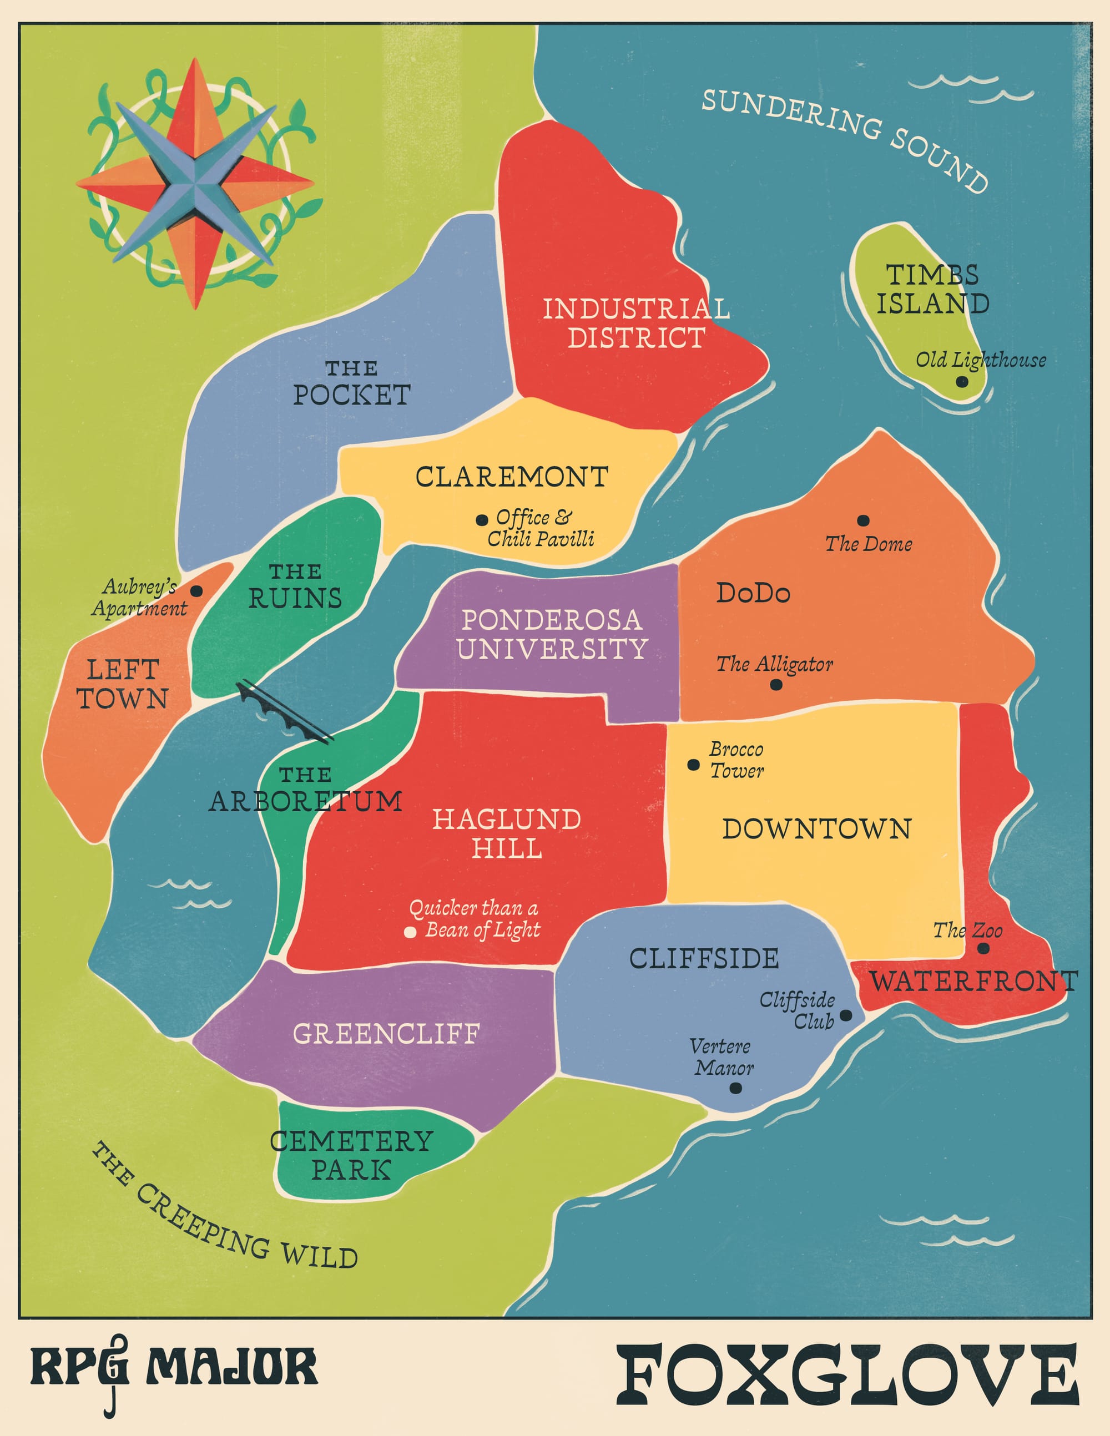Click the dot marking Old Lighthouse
click(x=961, y=381)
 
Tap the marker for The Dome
click(x=864, y=521)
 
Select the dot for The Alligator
click(x=776, y=685)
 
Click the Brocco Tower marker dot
click(x=693, y=764)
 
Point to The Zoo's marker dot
click(x=983, y=948)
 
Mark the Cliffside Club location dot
click(x=846, y=1015)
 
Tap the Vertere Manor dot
click(x=736, y=1088)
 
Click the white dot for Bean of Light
click(x=410, y=932)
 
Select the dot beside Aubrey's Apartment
click(x=196, y=591)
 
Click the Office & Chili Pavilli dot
click(x=481, y=519)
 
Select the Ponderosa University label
click(x=552, y=635)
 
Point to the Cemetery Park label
click(x=351, y=1156)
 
